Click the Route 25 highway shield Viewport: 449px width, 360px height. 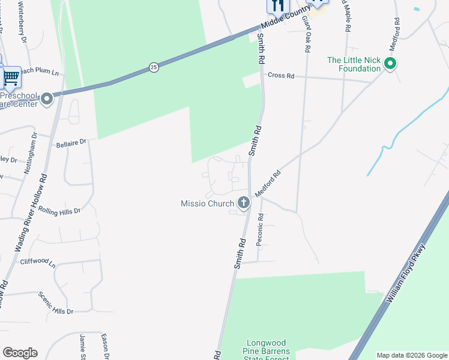pyautogui.click(x=154, y=67)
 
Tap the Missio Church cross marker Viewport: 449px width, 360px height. pyautogui.click(x=244, y=203)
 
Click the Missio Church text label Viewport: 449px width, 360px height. pyautogui.click(x=207, y=204)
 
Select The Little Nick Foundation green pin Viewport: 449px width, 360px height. pyautogui.click(x=391, y=63)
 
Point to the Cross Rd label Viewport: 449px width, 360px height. pyautogui.click(x=281, y=76)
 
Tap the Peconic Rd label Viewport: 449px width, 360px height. pyautogui.click(x=260, y=230)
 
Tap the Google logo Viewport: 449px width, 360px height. pyautogui.click(x=20, y=353)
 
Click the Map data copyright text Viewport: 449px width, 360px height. pyautogui.click(x=411, y=355)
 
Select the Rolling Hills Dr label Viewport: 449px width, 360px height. pyautogui.click(x=61, y=211)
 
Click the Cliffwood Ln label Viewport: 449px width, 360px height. pyautogui.click(x=38, y=262)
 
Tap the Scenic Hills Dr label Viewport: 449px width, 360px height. pyautogui.click(x=56, y=303)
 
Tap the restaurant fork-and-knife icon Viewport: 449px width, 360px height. pyautogui.click(x=277, y=5)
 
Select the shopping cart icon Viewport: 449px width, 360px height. pyautogui.click(x=11, y=76)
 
